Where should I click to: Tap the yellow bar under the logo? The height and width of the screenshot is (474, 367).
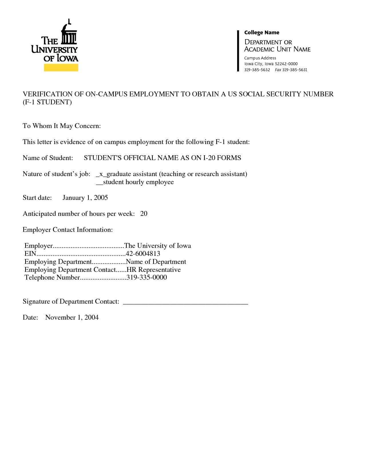pos(61,67)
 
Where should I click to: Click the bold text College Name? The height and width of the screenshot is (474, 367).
pos(261,33)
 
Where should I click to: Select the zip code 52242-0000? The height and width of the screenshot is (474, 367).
pos(286,64)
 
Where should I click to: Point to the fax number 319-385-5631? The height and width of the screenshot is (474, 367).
pos(295,70)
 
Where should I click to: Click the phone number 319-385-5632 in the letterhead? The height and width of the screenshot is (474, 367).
pos(257,70)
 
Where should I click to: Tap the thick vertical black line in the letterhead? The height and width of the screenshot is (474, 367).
pos(238,50)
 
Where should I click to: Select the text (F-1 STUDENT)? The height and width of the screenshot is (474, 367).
pos(47,102)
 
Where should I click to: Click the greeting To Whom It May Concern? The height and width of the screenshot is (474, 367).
pos(62,126)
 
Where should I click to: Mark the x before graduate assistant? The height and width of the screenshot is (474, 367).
pos(101,174)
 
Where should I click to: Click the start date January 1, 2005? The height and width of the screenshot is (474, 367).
pos(85,198)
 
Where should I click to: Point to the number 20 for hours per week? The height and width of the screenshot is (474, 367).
pos(144,214)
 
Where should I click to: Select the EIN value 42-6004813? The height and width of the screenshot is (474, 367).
pos(143,254)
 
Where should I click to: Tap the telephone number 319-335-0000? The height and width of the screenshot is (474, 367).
pos(146,278)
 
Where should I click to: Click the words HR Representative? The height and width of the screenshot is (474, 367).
pos(154,270)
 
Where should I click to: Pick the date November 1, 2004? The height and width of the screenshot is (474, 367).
pos(72,318)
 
